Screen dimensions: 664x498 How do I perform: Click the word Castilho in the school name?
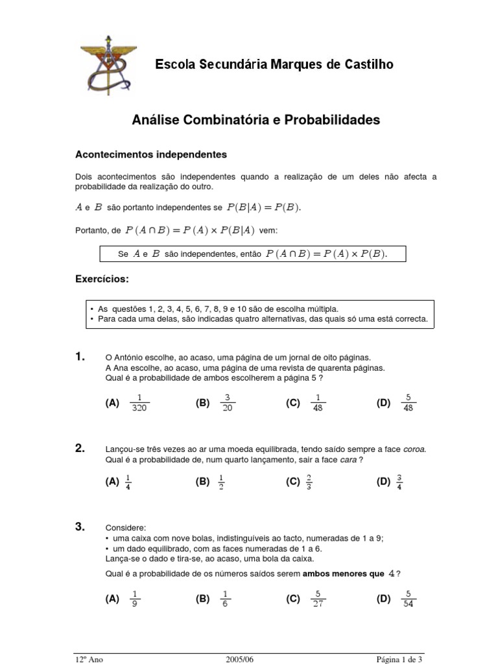(366, 64)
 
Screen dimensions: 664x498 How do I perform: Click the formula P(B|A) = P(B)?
(265, 207)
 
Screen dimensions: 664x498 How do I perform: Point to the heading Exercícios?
(102, 279)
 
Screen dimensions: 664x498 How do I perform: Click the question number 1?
(80, 357)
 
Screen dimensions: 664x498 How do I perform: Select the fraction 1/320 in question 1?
(139, 403)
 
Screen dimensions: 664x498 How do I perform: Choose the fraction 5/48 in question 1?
(408, 403)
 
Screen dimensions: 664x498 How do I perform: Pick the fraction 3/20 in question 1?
(228, 403)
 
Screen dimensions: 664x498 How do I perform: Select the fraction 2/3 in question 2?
(309, 482)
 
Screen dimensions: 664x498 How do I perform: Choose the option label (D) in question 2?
(383, 482)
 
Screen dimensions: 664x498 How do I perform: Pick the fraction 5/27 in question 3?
(318, 599)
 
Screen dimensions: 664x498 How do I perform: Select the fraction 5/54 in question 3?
(408, 599)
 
